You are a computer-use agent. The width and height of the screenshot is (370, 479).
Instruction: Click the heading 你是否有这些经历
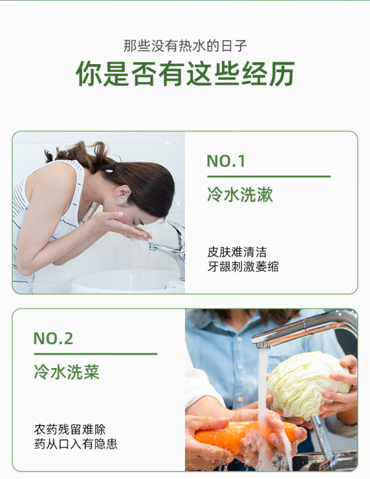coord(185,73)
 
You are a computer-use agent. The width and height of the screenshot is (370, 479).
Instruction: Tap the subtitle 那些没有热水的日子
coord(185,46)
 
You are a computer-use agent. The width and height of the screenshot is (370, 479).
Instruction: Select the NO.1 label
coord(226,161)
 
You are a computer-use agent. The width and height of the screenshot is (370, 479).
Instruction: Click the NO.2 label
coord(53,338)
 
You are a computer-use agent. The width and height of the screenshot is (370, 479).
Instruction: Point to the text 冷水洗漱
coord(240,195)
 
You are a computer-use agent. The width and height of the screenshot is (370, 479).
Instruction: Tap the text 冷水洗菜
coord(67,372)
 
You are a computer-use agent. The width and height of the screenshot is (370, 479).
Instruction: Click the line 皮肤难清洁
coord(237,252)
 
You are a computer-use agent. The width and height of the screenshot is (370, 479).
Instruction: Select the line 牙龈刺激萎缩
coord(243,266)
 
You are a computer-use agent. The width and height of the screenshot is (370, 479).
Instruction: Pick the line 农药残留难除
coord(70,430)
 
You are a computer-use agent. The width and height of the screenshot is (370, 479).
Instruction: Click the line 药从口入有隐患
coord(75,444)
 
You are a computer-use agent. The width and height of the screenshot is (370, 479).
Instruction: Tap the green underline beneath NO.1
coord(269,176)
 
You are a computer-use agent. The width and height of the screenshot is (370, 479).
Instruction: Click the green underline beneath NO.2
coord(96,354)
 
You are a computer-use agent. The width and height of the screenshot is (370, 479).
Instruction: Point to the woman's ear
coord(123,192)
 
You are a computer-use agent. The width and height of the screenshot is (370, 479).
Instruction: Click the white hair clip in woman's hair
coord(109,169)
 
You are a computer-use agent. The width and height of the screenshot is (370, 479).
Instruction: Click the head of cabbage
coord(308,385)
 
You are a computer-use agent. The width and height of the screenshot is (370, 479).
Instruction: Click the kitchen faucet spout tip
coord(262,345)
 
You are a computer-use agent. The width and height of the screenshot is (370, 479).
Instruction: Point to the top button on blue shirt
coord(239,339)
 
